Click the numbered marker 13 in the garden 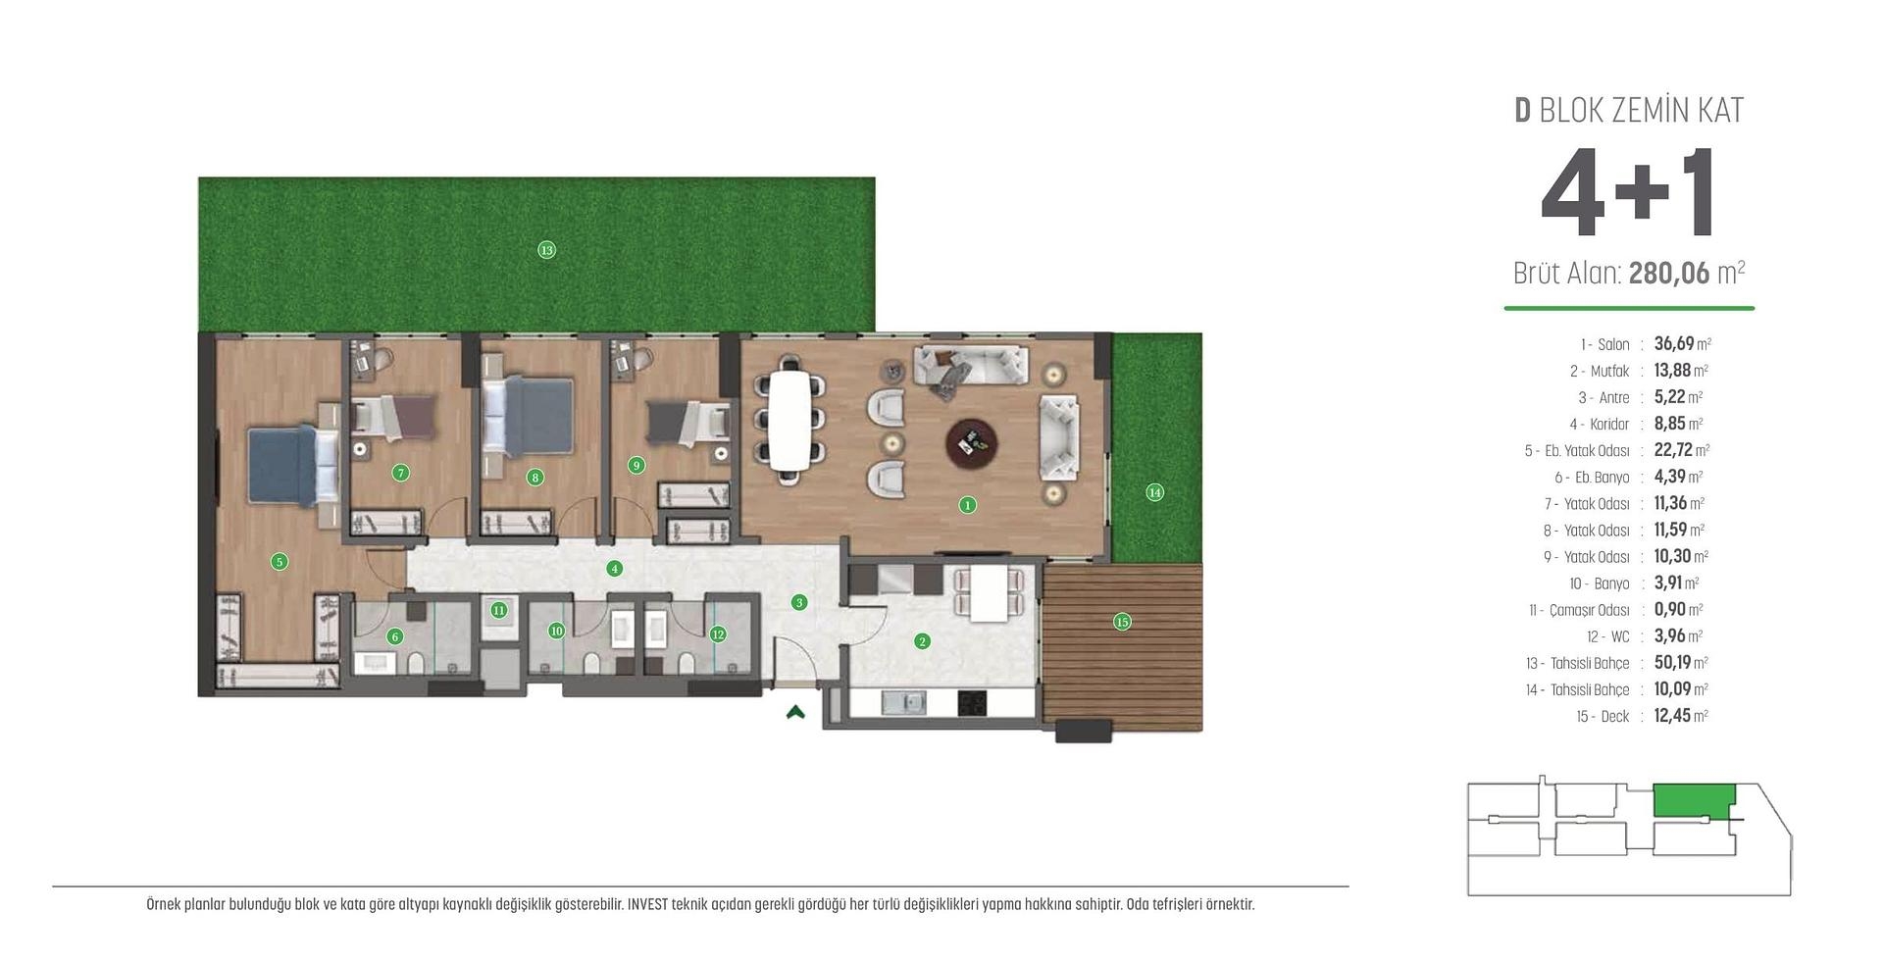546,250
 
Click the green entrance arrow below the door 795,713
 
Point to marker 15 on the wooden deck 1122,622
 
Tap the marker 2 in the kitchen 922,641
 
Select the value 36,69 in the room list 1673,344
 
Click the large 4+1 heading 1628,194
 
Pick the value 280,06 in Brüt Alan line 1668,274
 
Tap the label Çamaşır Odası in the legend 1589,611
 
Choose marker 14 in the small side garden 1154,492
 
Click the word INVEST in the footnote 647,904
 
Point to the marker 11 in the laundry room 499,610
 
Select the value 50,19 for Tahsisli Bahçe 1672,663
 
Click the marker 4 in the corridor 614,568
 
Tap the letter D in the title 1522,111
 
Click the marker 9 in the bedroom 636,465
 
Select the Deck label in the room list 1614,717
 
